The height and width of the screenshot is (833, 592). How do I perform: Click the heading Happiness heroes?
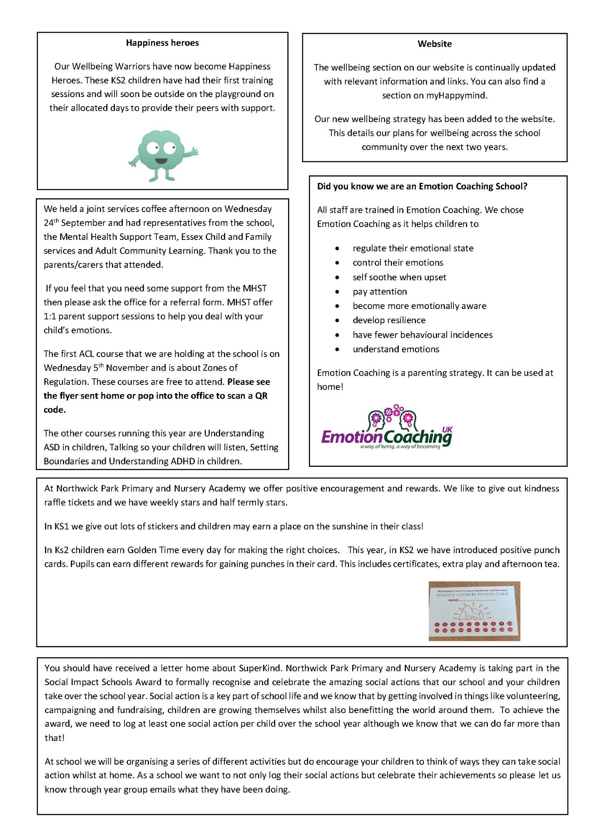point(162,43)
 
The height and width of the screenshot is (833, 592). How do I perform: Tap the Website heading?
point(435,44)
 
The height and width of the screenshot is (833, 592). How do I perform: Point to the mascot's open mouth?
point(161,160)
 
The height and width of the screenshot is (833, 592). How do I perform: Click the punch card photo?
point(474,611)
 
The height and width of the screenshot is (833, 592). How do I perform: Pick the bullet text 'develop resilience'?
point(389,320)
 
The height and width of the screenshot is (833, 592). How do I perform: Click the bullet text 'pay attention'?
point(380,292)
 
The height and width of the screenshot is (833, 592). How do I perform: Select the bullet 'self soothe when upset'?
point(399,277)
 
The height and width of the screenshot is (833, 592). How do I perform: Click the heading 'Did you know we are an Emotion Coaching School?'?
point(422,187)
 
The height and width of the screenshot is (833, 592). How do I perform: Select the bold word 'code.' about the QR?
point(55,410)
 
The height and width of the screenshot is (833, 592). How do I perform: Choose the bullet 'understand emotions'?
point(396,349)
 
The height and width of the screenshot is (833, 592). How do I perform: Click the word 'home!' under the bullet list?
point(330,387)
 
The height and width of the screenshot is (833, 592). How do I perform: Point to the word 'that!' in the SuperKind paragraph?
point(55,738)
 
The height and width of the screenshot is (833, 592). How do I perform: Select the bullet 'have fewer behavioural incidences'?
point(423,335)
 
